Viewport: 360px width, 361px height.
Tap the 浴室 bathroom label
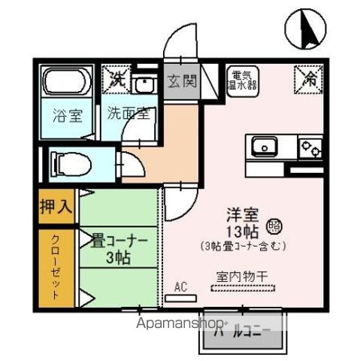pos(67,117)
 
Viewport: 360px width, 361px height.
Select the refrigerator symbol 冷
pos(309,76)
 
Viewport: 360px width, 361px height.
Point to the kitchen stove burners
pos(310,146)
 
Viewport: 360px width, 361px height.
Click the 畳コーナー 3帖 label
pos(119,249)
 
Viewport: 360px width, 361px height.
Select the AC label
pos(180,287)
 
